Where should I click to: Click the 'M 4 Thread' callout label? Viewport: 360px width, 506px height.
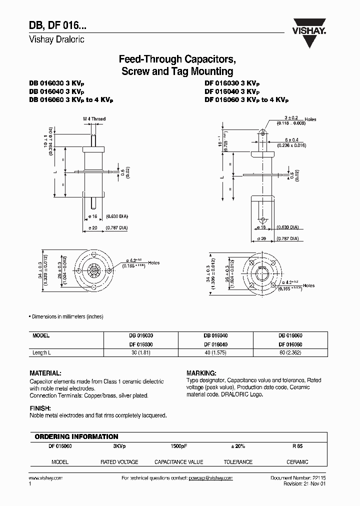[x=94, y=119]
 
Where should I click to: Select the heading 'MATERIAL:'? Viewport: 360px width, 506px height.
[x=45, y=373]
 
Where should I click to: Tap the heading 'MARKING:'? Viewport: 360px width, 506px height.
[x=201, y=373]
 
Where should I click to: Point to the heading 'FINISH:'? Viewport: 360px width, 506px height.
[x=40, y=408]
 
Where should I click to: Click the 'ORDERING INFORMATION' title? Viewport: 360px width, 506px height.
[x=76, y=436]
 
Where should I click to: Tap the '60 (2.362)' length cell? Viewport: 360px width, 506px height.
[x=291, y=352]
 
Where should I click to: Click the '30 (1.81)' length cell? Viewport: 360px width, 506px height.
[x=140, y=352]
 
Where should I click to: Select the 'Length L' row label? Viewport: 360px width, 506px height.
[x=43, y=352]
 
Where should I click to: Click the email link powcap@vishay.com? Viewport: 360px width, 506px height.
[x=210, y=478]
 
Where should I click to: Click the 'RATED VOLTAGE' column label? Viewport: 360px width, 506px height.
[x=119, y=462]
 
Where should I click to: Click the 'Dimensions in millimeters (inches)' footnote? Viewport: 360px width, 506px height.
[x=67, y=317]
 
